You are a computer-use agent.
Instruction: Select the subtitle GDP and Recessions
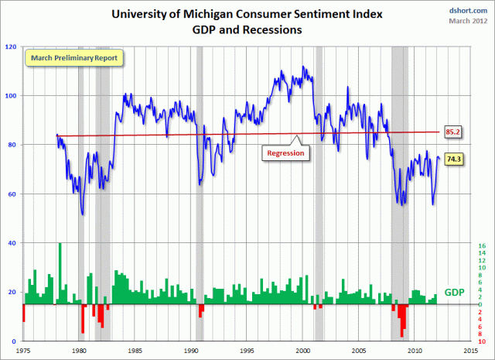[247, 30]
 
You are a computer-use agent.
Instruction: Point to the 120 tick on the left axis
[12, 47]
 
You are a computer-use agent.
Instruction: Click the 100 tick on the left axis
[12, 96]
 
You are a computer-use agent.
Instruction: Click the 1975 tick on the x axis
[23, 350]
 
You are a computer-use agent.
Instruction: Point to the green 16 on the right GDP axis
[481, 246]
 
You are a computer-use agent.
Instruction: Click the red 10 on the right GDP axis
[481, 341]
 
